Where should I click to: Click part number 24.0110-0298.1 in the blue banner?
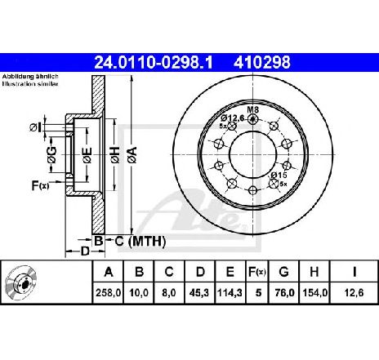pos(153,63)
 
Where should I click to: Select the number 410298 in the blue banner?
pos(262,63)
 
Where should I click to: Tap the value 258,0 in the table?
pos(108,293)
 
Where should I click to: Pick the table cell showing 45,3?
pos(199,293)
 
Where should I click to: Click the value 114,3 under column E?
pos(230,293)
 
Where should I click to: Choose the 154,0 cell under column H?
pos(314,293)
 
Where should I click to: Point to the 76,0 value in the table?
pos(284,293)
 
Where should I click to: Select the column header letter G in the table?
pos(284,272)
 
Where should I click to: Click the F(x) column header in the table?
pos(257,272)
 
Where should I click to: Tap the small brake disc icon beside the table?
pos(21,282)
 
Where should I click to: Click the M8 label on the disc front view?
pos(252,110)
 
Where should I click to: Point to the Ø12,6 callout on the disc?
pos(233,118)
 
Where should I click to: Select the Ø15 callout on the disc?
pos(279,175)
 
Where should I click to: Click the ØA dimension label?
pos(132,155)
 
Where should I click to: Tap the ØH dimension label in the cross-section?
pos(115,155)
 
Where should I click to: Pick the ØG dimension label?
pos(51,155)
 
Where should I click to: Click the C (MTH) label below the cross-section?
pos(140,242)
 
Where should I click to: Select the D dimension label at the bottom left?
pos(85,251)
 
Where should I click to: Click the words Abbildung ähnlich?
pos(30,77)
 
